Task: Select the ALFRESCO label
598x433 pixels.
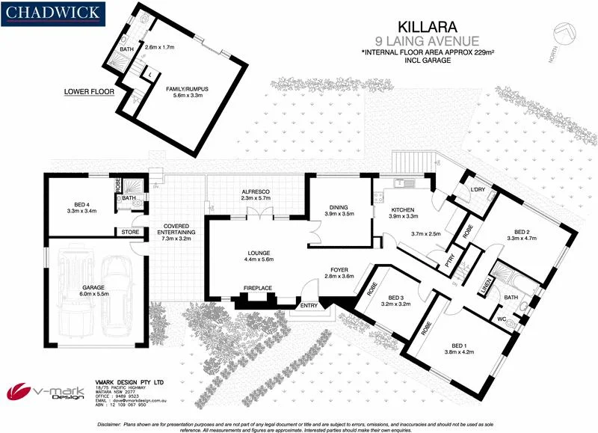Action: click(x=256, y=191)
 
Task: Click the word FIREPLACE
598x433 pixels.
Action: click(x=259, y=288)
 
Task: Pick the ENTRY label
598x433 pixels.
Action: click(x=308, y=305)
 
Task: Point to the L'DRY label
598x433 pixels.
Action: click(x=478, y=189)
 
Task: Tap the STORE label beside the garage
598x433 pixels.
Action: click(x=129, y=232)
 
